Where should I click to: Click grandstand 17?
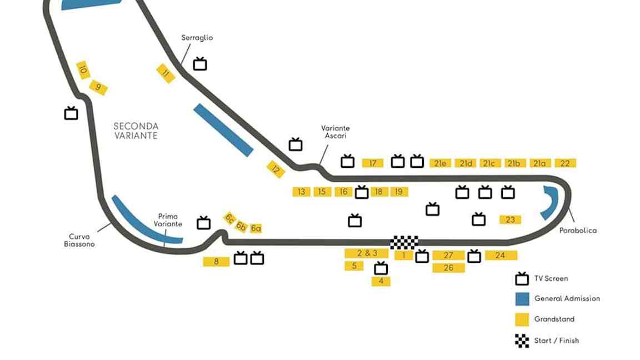click(x=373, y=163)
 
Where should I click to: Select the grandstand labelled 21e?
click(x=441, y=163)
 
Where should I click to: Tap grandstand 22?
click(x=564, y=163)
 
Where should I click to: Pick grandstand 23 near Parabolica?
click(x=510, y=219)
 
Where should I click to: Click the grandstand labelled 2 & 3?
click(x=367, y=253)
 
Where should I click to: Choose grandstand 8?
click(x=217, y=262)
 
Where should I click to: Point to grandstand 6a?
click(x=256, y=228)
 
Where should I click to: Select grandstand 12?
click(x=276, y=169)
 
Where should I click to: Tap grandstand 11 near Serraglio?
click(x=166, y=73)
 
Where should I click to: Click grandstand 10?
click(x=83, y=70)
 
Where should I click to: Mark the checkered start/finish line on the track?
click(x=404, y=242)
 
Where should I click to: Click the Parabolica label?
click(x=578, y=230)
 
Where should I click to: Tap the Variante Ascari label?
click(x=336, y=132)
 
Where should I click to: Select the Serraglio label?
click(x=197, y=38)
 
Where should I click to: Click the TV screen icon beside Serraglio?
click(x=200, y=64)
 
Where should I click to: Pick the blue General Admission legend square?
click(x=522, y=298)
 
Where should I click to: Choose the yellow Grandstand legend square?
click(x=522, y=319)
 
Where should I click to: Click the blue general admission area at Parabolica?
click(x=549, y=203)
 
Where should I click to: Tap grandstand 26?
click(x=448, y=268)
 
